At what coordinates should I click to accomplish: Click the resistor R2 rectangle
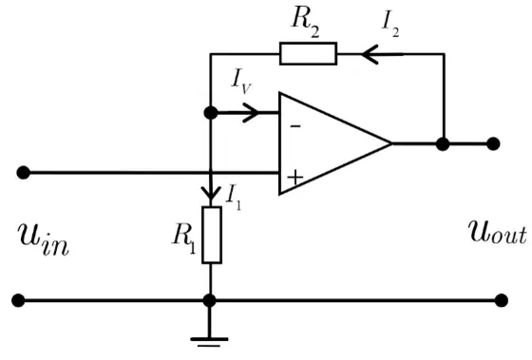tap(308, 53)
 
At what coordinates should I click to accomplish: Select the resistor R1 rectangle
tap(212, 235)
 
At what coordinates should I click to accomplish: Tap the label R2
tap(305, 23)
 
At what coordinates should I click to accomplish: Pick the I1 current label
tap(234, 198)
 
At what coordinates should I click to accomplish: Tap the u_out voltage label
tap(498, 232)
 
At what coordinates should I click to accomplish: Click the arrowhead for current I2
tap(370, 54)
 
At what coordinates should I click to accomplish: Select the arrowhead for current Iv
tap(251, 112)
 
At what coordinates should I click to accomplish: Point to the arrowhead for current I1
tap(211, 193)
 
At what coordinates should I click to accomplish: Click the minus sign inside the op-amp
tap(295, 126)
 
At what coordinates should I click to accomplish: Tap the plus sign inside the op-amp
tap(295, 178)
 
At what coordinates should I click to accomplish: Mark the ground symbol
tap(209, 342)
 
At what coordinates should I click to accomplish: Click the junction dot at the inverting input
tap(211, 112)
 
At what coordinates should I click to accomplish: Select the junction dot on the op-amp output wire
tap(443, 143)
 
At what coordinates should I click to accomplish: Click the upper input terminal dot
tap(23, 172)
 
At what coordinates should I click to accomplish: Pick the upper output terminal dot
tap(493, 143)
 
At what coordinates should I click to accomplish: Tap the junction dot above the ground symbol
tap(209, 300)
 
